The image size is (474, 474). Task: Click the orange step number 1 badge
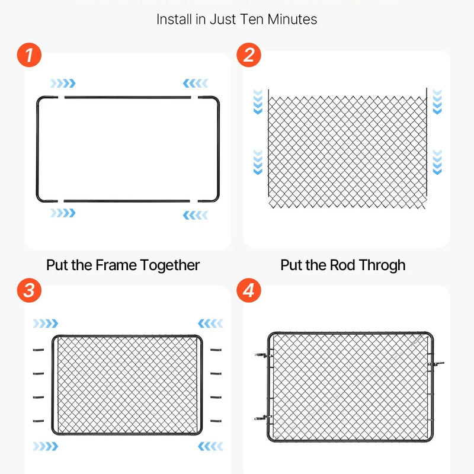tap(29, 55)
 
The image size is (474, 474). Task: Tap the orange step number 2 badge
tap(248, 55)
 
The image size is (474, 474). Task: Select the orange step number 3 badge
tap(29, 290)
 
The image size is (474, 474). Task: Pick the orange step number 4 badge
tap(248, 290)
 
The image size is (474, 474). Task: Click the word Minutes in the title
tap(292, 20)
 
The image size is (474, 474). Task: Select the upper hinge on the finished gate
tap(264, 355)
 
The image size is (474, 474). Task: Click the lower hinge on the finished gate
tap(264, 418)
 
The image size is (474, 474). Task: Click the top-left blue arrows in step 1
tap(63, 83)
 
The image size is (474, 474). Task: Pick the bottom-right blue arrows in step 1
tap(196, 215)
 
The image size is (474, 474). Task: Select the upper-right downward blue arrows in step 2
tap(437, 101)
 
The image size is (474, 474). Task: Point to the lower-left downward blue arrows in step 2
tap(258, 162)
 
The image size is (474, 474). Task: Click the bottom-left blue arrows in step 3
tap(46, 446)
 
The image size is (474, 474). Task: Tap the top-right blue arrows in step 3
tap(210, 323)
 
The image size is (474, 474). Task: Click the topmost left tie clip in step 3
tap(39, 350)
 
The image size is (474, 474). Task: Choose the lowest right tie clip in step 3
tap(216, 421)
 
